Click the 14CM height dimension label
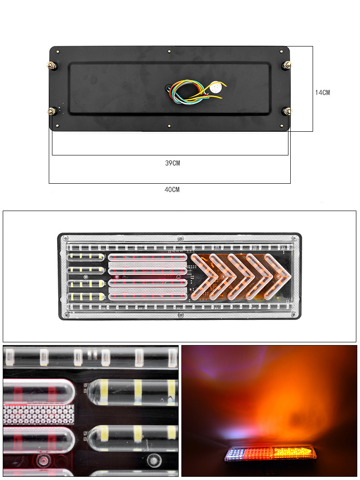[322, 93]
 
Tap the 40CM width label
[172, 190]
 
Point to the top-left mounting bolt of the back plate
[51, 66]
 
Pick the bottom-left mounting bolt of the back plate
[52, 111]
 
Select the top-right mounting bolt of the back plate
[287, 66]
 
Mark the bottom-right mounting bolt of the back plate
[287, 111]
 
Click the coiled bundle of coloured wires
[188, 91]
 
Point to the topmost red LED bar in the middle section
[148, 258]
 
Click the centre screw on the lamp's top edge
[180, 238]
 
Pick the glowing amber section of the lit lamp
[293, 453]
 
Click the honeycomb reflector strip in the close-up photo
[38, 414]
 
